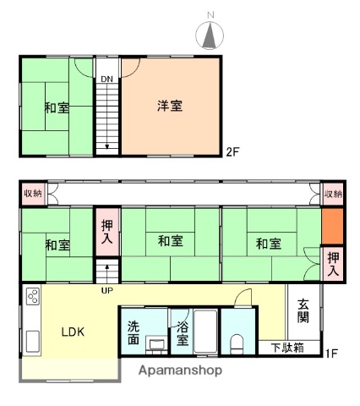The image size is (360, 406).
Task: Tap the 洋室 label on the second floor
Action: coord(169,107)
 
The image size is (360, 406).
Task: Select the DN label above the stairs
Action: coord(106,80)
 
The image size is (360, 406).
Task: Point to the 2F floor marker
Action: coord(232,152)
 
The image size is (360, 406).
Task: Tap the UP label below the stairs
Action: coord(106,290)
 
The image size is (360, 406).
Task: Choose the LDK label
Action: coord(74,331)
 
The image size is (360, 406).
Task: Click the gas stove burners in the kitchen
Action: coord(33,298)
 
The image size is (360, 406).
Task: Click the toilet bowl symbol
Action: coord(238,343)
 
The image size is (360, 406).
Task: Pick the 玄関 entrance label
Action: coord(302,312)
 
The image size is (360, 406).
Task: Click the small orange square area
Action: coord(332,228)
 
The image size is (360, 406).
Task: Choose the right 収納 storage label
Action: coord(333,195)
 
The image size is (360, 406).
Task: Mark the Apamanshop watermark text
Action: coord(181,370)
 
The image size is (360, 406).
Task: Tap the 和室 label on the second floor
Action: coord(57,107)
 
